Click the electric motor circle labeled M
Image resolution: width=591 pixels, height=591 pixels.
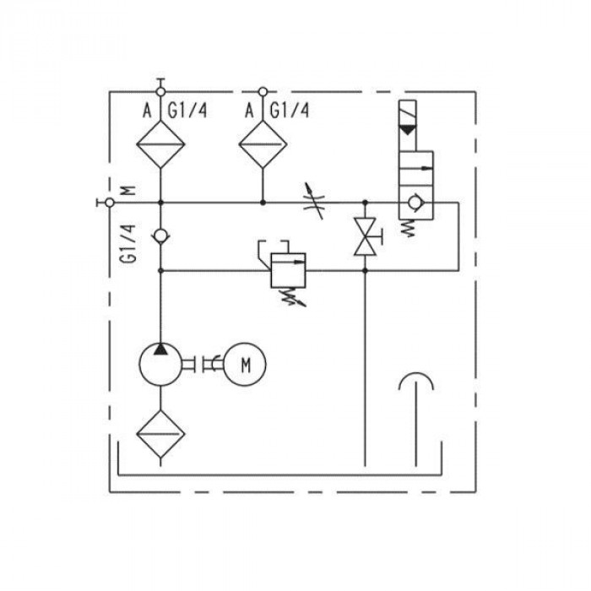coord(245,365)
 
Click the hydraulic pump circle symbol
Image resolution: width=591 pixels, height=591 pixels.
coord(160,365)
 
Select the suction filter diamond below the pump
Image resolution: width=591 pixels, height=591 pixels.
coord(160,434)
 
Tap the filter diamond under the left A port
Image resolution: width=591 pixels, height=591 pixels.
coord(160,144)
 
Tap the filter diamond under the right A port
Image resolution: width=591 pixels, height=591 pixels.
coord(263,144)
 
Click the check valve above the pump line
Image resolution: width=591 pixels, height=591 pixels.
coord(160,236)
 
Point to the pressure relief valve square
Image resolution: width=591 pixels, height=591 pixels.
coord(289,271)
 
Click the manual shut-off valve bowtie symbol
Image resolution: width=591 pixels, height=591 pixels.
coord(365,236)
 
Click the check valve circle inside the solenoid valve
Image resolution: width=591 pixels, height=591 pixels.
coord(415,203)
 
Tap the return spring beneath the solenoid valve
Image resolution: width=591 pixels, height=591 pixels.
coord(408,229)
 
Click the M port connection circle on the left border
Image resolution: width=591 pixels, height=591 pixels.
coord(110,203)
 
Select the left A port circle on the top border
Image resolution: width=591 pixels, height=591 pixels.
coord(160,91)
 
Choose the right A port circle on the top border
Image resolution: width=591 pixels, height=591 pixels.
coord(263,91)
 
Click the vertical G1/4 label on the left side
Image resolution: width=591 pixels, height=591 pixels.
coord(127,243)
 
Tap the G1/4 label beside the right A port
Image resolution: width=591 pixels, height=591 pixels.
coord(290,111)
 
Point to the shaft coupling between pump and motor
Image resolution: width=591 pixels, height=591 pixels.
coord(203,364)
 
